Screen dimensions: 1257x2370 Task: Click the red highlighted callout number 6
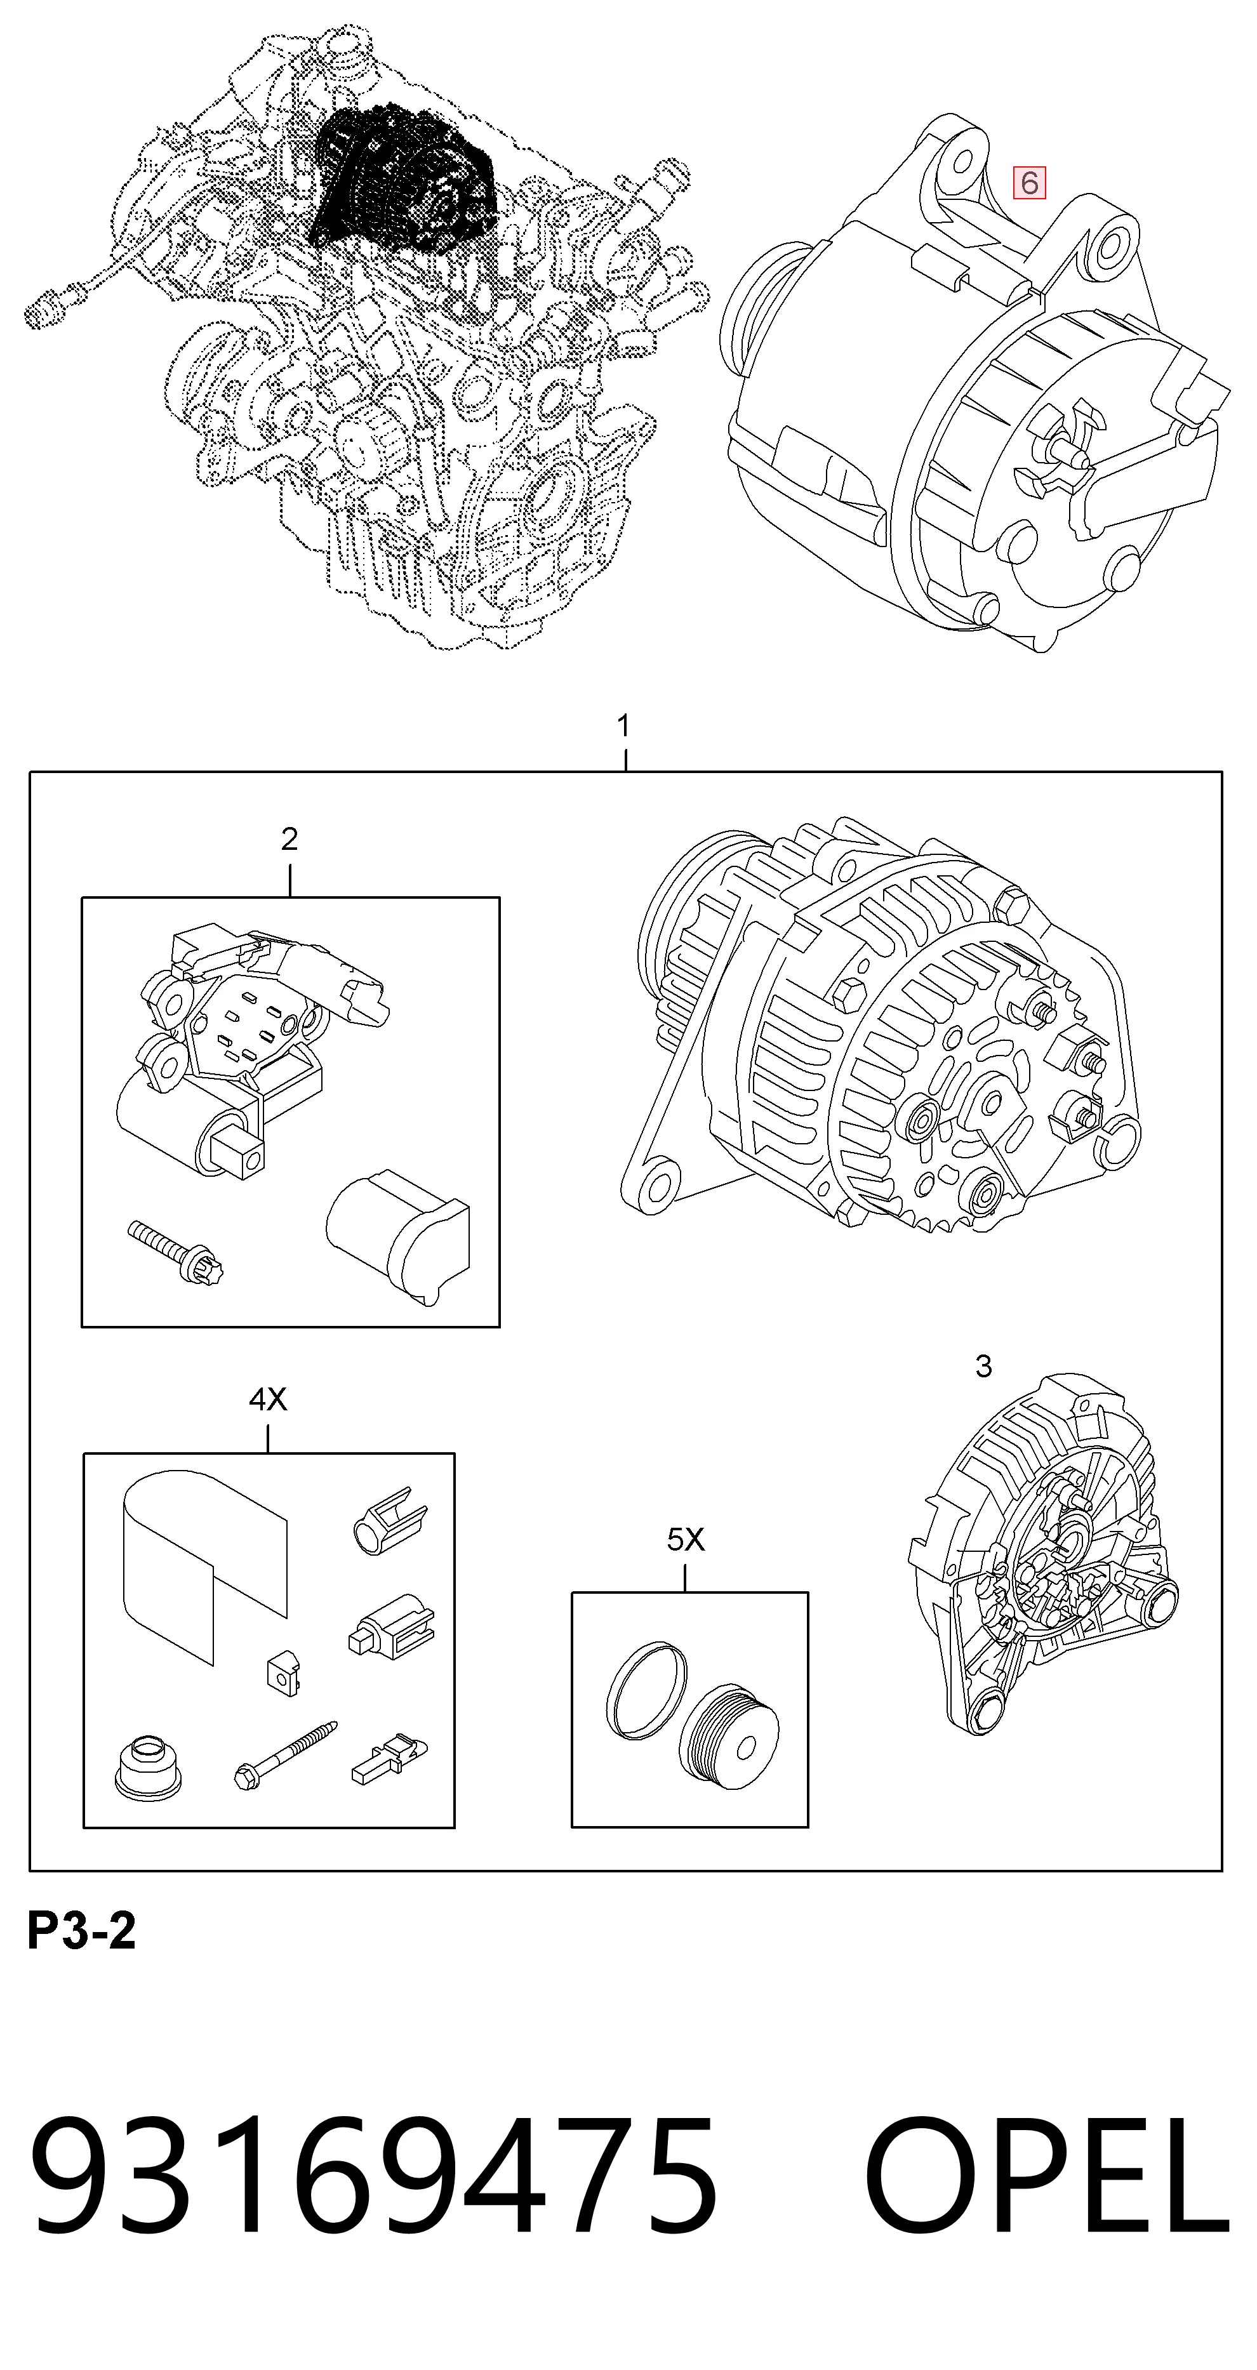[1029, 183]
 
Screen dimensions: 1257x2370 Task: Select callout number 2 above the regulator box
[289, 839]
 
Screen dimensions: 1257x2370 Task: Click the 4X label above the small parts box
[268, 1400]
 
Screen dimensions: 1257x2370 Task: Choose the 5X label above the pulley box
[686, 1539]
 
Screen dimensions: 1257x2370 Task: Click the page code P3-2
[82, 1931]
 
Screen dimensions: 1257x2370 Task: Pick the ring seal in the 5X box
[647, 1690]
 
